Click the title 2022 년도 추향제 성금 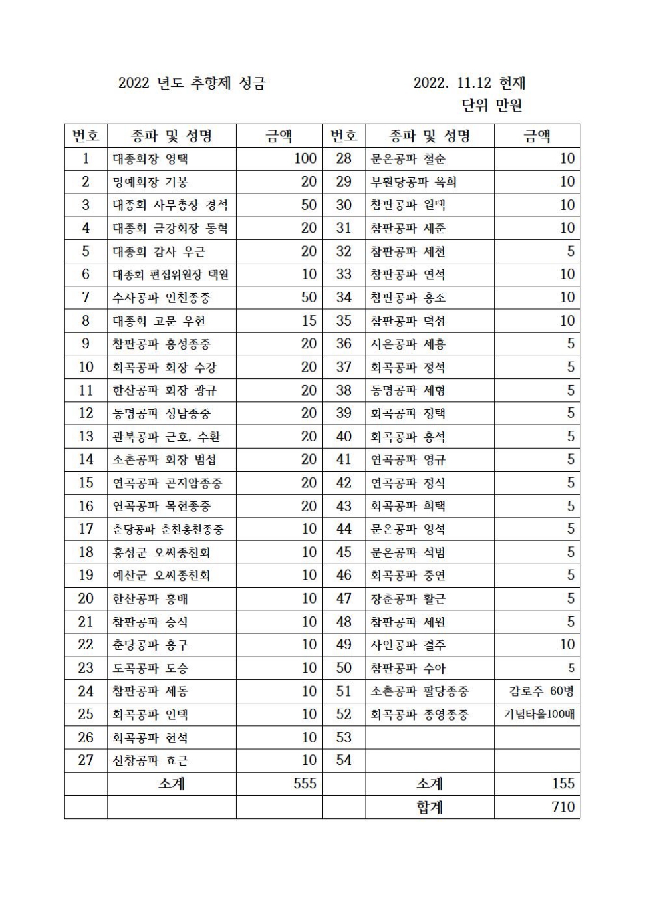(x=192, y=83)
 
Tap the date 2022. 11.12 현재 (x=469, y=83)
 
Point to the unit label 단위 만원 (x=492, y=105)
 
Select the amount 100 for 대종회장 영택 (x=305, y=159)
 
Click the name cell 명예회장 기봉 (x=150, y=182)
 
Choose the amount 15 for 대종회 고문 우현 (x=309, y=321)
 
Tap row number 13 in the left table (x=86, y=437)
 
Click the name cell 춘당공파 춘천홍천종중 (x=168, y=529)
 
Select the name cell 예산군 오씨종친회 (x=162, y=576)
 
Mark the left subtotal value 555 (x=305, y=784)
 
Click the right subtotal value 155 (x=563, y=784)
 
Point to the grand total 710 (x=563, y=807)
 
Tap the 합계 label (x=430, y=807)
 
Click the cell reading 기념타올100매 (x=539, y=715)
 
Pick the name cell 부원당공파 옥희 (x=414, y=182)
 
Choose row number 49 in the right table (x=344, y=645)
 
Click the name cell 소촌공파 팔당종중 (x=420, y=691)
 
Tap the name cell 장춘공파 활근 (x=408, y=599)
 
